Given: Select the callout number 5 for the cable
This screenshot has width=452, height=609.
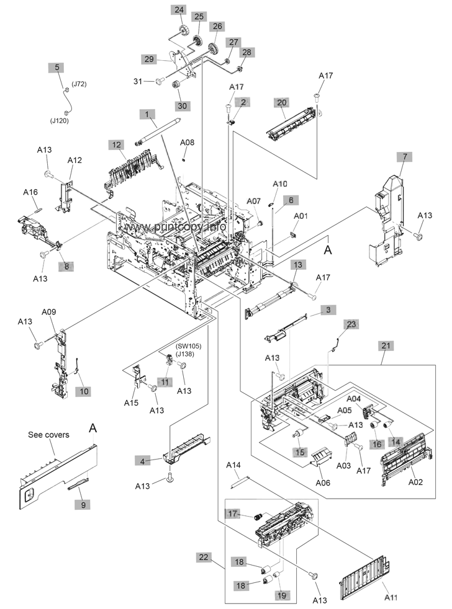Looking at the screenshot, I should click(x=58, y=67).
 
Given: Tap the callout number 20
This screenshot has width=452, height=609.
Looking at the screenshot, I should click(x=282, y=102).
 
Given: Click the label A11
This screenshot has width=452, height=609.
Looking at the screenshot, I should click(x=391, y=597).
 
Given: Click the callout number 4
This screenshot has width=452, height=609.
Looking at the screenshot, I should click(x=143, y=461).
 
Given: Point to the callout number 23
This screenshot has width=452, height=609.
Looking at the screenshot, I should click(x=352, y=324).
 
